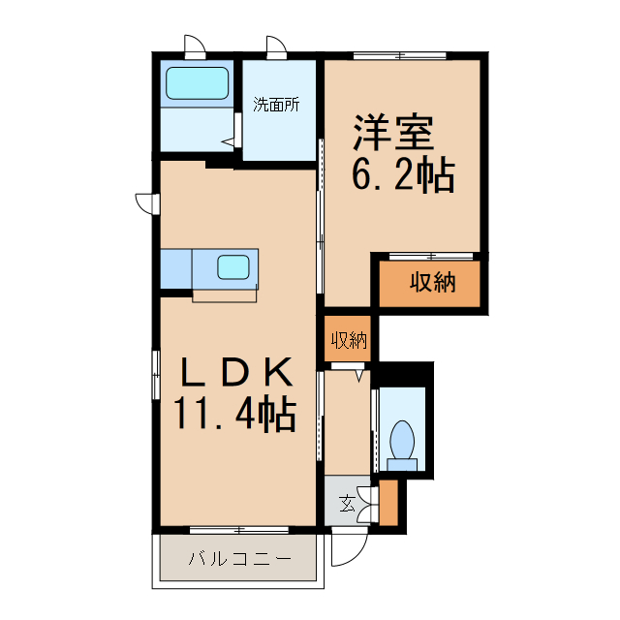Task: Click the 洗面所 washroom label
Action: click(276, 105)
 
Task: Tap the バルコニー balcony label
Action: click(238, 559)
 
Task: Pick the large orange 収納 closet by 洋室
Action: click(430, 283)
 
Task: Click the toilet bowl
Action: click(402, 442)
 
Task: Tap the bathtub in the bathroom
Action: click(197, 83)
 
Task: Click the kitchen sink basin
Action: click(235, 266)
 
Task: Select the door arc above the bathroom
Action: click(194, 46)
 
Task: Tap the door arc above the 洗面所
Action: click(276, 46)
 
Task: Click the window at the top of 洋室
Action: click(399, 55)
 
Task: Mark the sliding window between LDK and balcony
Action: click(238, 529)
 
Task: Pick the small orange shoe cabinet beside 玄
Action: click(388, 501)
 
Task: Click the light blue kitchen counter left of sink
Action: click(176, 268)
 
